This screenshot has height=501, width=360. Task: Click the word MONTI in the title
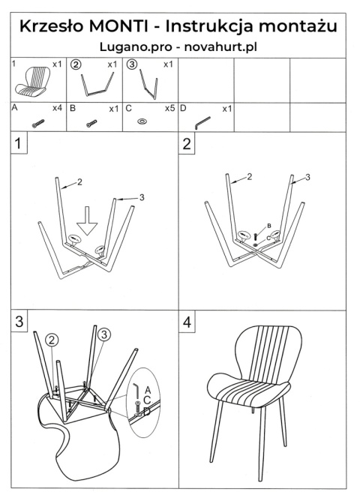[x=118, y=26]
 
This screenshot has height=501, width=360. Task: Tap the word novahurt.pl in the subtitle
[x=220, y=47]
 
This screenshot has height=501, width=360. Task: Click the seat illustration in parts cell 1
[x=32, y=82]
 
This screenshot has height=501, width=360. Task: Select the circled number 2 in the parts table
[x=76, y=64]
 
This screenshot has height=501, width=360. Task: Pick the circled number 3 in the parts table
[x=132, y=64]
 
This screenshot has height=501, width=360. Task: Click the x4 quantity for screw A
[x=57, y=108]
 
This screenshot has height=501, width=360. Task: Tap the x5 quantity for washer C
[x=169, y=109]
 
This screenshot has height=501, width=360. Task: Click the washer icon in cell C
[x=142, y=121]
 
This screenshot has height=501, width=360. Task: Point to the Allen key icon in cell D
[x=202, y=123]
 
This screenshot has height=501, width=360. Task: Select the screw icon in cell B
[x=91, y=123]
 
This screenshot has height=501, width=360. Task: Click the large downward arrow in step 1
[x=87, y=220]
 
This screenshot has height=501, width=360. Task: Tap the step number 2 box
[x=187, y=143]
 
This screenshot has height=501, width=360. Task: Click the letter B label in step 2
[x=269, y=226]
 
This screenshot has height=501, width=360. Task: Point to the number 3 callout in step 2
[x=307, y=177]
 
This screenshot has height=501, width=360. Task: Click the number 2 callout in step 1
[x=79, y=181]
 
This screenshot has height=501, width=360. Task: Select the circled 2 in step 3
[x=52, y=340]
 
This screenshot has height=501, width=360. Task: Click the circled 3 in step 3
[x=103, y=334]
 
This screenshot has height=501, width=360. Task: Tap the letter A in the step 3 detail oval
[x=148, y=390]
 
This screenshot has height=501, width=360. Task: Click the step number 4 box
[x=187, y=322]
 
